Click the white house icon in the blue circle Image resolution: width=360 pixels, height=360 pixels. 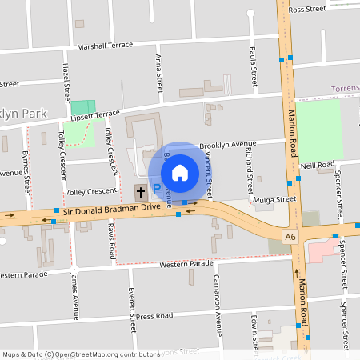(180, 172)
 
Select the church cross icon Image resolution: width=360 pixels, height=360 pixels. (141, 192)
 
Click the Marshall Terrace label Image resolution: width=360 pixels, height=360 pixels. (105, 46)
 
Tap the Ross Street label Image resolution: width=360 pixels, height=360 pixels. (307, 10)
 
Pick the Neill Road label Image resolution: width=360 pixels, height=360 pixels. (318, 165)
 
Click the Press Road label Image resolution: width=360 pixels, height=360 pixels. (154, 316)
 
